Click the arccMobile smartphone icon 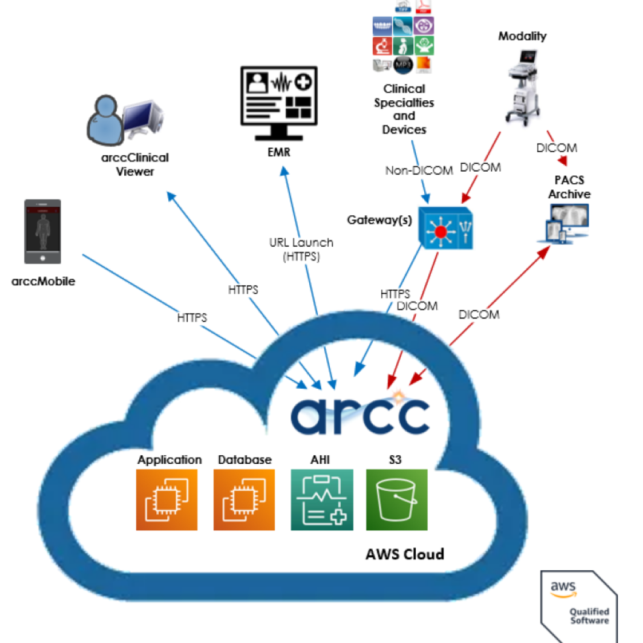[42, 231]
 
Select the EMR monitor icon [279, 102]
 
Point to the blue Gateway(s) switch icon [445, 228]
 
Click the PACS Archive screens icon [564, 224]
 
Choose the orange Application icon [167, 500]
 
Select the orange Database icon [244, 500]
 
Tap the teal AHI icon [322, 500]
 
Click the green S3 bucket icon [396, 500]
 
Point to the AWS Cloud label [405, 554]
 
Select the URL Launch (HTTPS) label [301, 250]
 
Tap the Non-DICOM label [419, 171]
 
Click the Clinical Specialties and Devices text [404, 109]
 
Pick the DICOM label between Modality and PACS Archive [557, 148]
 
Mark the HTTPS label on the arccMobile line [192, 317]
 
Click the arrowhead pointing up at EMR [283, 171]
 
